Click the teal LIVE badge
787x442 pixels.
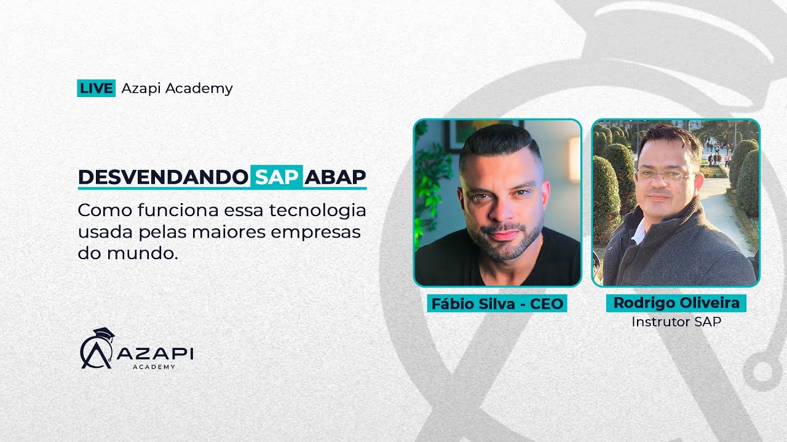(x=97, y=88)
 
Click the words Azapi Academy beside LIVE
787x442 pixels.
(x=177, y=88)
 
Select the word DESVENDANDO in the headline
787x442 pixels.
(x=163, y=177)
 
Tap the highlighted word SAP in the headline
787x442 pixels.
(x=276, y=177)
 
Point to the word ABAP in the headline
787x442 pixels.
(x=335, y=177)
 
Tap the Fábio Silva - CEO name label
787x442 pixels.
(x=497, y=304)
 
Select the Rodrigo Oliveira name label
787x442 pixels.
(x=676, y=303)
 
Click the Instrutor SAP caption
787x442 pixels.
(x=676, y=321)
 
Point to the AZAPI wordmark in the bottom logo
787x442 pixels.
(x=154, y=354)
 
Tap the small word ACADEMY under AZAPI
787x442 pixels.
(x=154, y=366)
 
